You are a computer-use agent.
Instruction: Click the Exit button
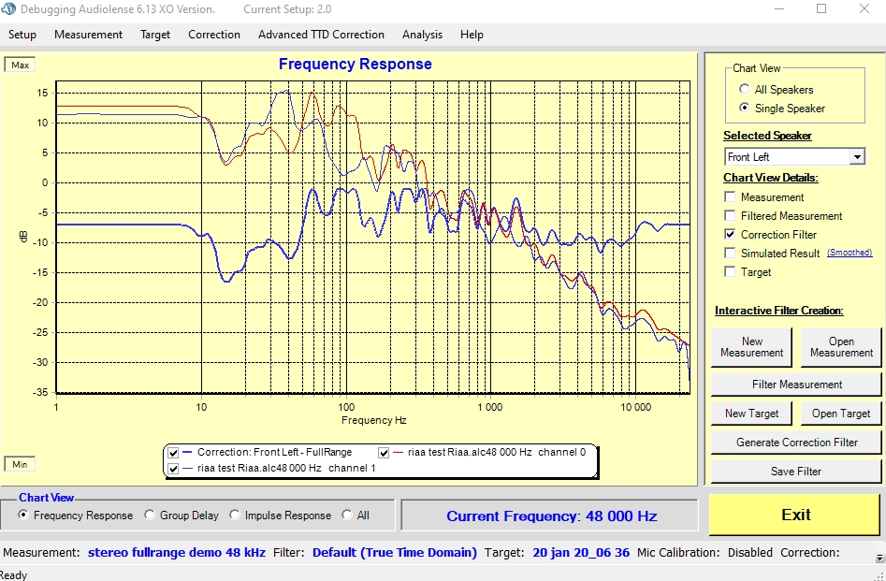click(795, 515)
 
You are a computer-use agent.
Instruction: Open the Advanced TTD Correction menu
click(321, 35)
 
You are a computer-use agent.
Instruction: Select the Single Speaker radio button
click(745, 109)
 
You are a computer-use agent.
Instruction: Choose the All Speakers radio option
click(745, 90)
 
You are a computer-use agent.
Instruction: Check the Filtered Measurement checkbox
click(731, 216)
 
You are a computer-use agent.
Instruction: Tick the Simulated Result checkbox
click(731, 254)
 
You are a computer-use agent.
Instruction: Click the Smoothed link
click(850, 253)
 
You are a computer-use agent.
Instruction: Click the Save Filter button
click(795, 472)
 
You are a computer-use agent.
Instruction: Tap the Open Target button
click(840, 414)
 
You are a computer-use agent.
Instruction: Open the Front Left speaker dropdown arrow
click(857, 157)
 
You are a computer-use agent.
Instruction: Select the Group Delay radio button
click(151, 516)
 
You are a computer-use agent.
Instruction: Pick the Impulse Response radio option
click(236, 516)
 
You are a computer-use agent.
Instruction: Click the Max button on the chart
click(21, 65)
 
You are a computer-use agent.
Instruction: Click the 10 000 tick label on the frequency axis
click(636, 408)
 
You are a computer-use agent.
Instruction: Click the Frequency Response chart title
click(356, 65)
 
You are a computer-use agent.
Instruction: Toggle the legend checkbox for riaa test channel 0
click(384, 453)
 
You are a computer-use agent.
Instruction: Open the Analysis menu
click(422, 35)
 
